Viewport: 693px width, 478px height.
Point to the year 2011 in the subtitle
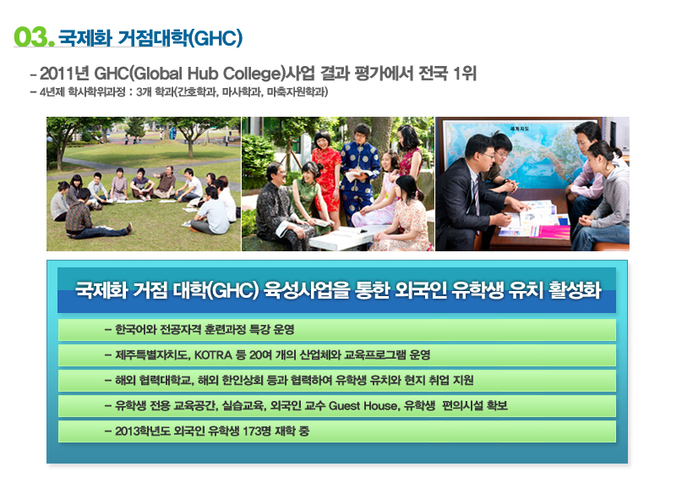pyautogui.click(x=56, y=74)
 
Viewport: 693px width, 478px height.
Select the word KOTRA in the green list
pyautogui.click(x=213, y=355)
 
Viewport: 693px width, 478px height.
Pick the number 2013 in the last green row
pyautogui.click(x=128, y=431)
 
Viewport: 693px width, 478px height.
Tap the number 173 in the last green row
pyautogui.click(x=252, y=431)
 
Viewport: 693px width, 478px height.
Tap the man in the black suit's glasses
pyautogui.click(x=485, y=156)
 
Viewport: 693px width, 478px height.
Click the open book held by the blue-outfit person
pyautogui.click(x=357, y=175)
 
